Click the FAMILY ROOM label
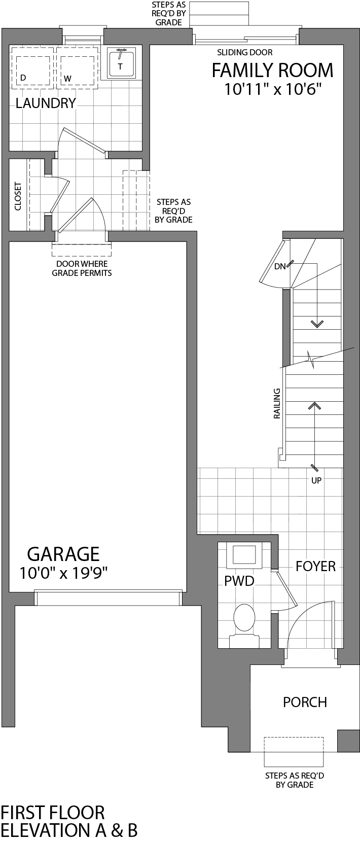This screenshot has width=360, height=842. click(272, 71)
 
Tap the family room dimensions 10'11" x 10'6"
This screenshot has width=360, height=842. click(273, 90)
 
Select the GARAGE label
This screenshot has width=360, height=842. click(63, 554)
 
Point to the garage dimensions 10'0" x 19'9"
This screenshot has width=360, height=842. click(63, 573)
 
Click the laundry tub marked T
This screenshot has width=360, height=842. click(120, 64)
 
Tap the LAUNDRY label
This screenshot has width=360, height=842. click(46, 103)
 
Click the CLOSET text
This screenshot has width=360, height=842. click(18, 196)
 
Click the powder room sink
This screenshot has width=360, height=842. click(244, 555)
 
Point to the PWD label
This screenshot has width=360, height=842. click(239, 581)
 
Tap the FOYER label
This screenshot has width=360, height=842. click(315, 566)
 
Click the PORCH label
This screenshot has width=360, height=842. click(305, 702)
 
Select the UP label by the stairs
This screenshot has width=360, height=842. click(316, 480)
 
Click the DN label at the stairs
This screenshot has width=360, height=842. click(280, 266)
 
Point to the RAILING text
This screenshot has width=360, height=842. click(277, 404)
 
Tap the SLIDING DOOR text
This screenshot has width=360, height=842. click(244, 52)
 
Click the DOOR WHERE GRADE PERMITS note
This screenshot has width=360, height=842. click(82, 268)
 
